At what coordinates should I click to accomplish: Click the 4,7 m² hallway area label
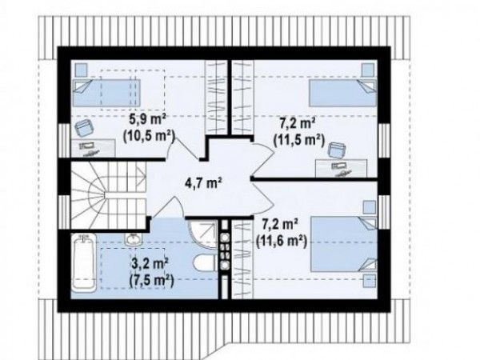203,183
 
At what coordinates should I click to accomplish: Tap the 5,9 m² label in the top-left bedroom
147,119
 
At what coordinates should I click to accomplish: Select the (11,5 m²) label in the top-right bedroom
298,140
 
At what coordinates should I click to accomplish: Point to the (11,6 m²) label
282,242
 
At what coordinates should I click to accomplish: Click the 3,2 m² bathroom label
150,264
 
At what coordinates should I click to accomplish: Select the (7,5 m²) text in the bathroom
151,281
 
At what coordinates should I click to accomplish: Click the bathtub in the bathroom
84,263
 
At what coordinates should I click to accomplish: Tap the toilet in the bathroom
206,263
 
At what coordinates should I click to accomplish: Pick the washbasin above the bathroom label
133,239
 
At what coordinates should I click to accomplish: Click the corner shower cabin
202,234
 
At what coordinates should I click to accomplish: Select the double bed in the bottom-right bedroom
343,244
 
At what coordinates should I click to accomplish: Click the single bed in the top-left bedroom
106,93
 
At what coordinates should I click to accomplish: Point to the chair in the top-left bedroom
84,128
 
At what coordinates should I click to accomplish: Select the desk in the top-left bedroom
94,148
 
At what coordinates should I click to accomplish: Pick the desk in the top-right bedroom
342,168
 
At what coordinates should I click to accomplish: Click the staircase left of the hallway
108,194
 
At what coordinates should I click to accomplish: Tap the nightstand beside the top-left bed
81,70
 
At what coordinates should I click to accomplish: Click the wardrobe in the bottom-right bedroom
242,258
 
